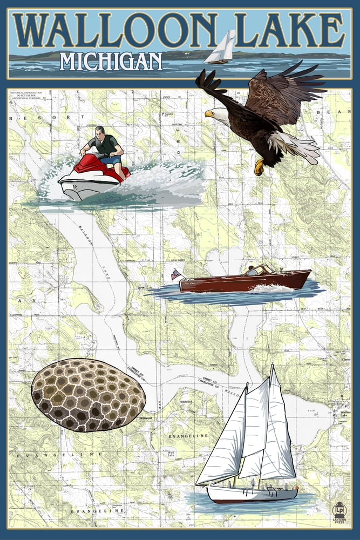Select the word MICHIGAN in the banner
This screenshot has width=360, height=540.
click(x=111, y=62)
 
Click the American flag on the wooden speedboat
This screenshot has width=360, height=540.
click(x=176, y=274)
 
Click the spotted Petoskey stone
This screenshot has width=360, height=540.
click(x=88, y=395)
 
